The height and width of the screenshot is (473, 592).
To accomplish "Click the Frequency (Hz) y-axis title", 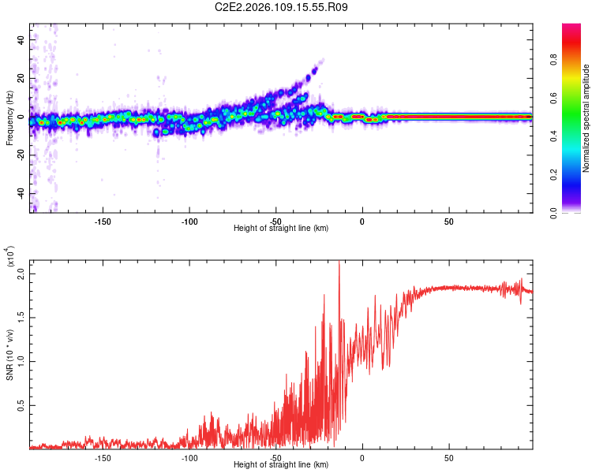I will pyautogui.click(x=10, y=117).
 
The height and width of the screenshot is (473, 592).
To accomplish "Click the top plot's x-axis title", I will pyautogui.click(x=281, y=228).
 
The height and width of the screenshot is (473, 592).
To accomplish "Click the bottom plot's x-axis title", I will pyautogui.click(x=281, y=464).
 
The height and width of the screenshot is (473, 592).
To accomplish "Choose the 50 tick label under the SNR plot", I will pyautogui.click(x=448, y=456).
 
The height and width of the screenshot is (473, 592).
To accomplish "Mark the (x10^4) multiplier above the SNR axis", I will pyautogui.click(x=10, y=257).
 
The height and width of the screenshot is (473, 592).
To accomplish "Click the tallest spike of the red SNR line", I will pyautogui.click(x=339, y=263).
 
